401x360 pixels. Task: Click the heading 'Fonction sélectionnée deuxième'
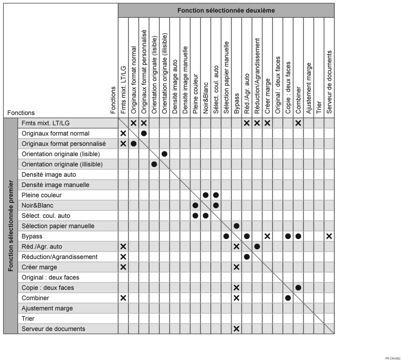(226, 10)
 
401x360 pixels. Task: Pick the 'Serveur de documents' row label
(53, 329)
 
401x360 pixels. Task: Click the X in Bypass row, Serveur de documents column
(329, 236)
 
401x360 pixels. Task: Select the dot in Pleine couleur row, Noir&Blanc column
(205, 195)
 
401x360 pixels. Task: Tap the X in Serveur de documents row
(236, 329)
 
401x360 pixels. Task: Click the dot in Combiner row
(288, 298)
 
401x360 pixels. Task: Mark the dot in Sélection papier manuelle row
(236, 226)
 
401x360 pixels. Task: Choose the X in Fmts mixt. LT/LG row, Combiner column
(298, 123)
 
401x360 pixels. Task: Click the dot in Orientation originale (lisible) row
(164, 154)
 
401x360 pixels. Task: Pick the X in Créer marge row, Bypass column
(236, 267)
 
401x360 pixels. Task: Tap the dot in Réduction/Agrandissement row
(247, 257)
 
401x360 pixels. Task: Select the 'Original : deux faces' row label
(51, 277)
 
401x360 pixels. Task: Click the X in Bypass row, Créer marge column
(267, 236)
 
